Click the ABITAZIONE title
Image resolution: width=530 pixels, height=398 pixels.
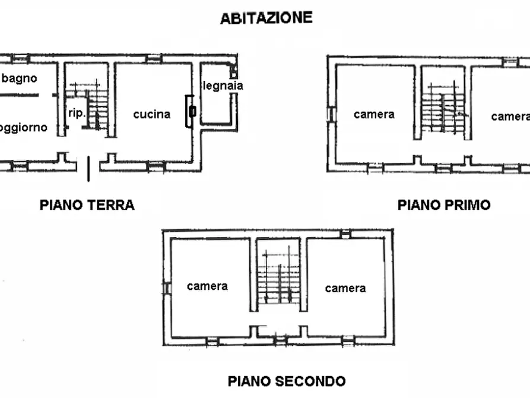pyautogui.click(x=266, y=18)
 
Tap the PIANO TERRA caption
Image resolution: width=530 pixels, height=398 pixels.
pyautogui.click(x=87, y=205)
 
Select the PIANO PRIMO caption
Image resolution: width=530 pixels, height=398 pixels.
pyautogui.click(x=444, y=205)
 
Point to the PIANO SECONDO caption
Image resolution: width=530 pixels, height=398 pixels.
pyautogui.click(x=287, y=381)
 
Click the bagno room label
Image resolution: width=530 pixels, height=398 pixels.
pyautogui.click(x=20, y=78)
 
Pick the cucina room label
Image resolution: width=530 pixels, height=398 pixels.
pyautogui.click(x=152, y=114)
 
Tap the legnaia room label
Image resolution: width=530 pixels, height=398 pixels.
pyautogui.click(x=223, y=86)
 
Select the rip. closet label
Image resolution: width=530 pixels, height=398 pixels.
pyautogui.click(x=77, y=113)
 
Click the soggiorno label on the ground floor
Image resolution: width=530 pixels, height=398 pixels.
pyautogui.click(x=23, y=128)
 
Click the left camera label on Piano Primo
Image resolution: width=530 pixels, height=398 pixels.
pyautogui.click(x=374, y=114)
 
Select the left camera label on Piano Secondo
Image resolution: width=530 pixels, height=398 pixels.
pyautogui.click(x=207, y=286)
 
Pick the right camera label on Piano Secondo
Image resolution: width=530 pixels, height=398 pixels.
pyautogui.click(x=345, y=289)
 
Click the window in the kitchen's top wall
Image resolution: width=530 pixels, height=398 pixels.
pyautogui.click(x=154, y=58)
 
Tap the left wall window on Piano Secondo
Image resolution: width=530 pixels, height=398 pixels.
pyautogui.click(x=167, y=288)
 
